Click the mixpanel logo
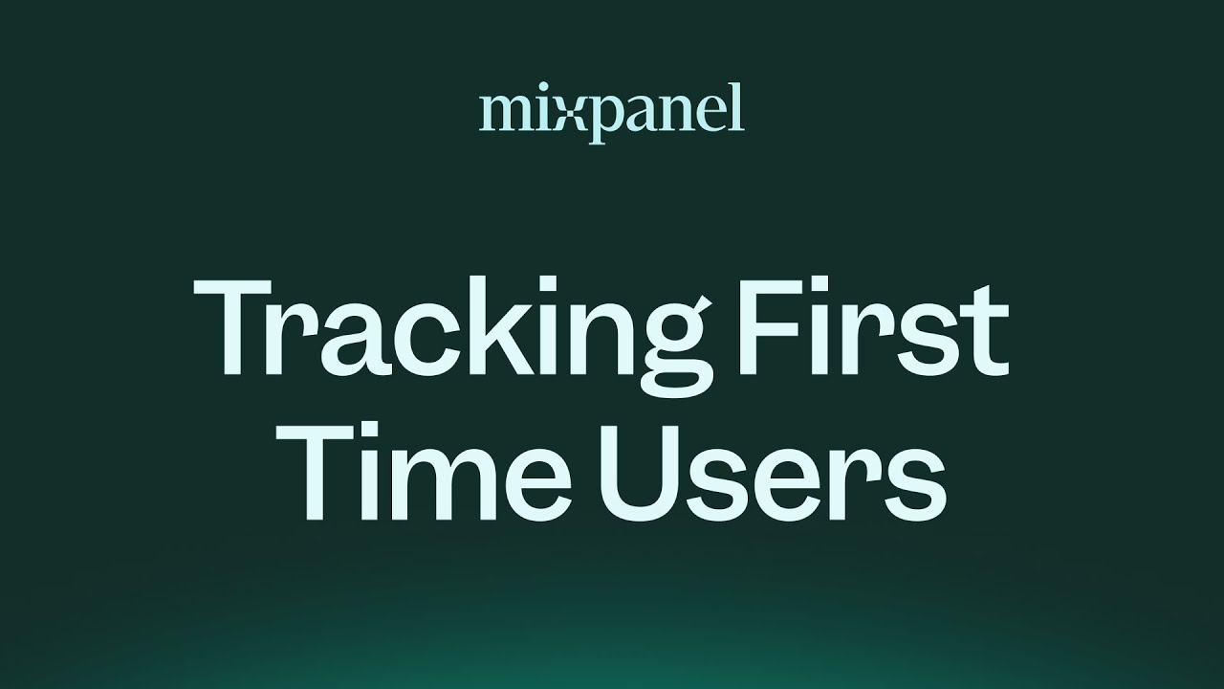pyautogui.click(x=611, y=113)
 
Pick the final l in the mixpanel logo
pyautogui.click(x=736, y=109)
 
